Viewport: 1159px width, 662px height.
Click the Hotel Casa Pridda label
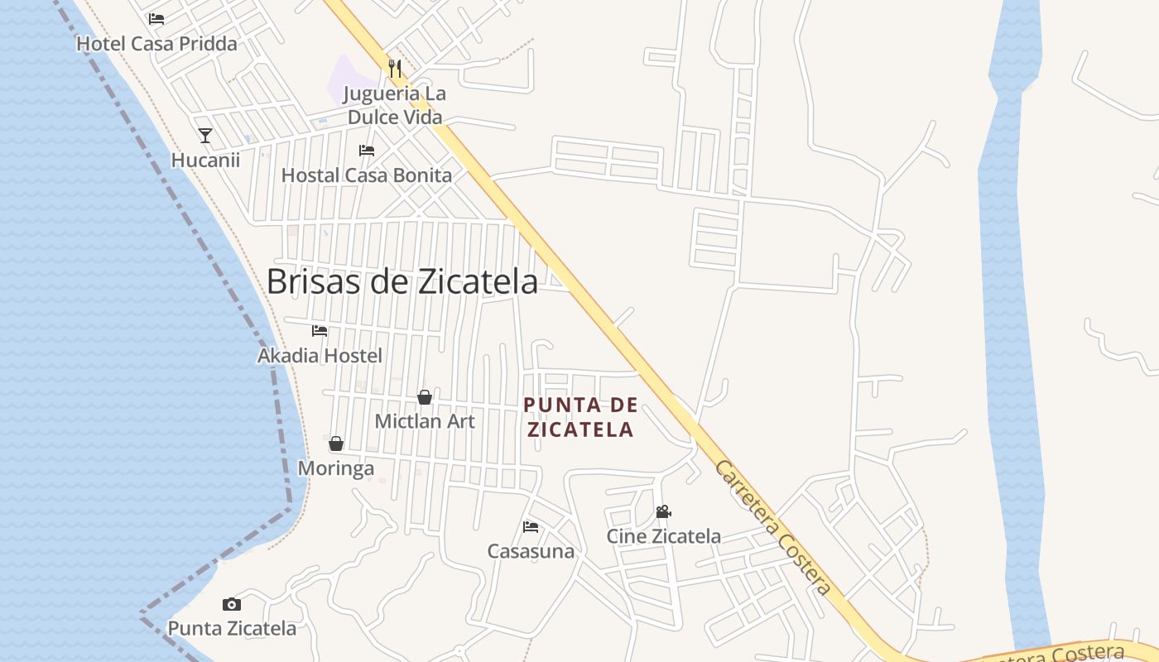point(156,44)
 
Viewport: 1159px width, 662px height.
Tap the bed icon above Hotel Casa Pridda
point(156,18)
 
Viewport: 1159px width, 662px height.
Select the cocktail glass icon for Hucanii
point(205,136)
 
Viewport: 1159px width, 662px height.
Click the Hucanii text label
point(205,160)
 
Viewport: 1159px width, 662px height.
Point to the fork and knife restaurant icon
point(395,68)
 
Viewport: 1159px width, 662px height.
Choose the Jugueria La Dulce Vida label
point(395,105)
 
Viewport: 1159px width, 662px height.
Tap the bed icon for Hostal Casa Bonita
point(367,151)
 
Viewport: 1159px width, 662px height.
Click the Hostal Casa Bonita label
point(367,175)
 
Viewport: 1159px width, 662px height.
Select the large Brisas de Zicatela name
point(402,282)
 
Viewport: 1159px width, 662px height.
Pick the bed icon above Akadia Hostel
point(320,331)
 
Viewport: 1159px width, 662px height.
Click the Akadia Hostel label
point(320,356)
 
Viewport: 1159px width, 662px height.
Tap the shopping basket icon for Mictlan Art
point(425,397)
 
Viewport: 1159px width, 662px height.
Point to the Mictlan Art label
point(425,421)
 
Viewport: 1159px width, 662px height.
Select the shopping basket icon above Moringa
point(336,444)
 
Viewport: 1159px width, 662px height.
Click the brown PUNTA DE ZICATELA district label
point(581,417)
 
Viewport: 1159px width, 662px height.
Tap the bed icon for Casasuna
point(531,526)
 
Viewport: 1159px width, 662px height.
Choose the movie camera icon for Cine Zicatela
point(663,511)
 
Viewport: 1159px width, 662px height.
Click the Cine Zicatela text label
point(663,536)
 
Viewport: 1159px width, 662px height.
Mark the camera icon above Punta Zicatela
point(232,604)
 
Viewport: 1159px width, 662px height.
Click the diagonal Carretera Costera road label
point(772,528)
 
